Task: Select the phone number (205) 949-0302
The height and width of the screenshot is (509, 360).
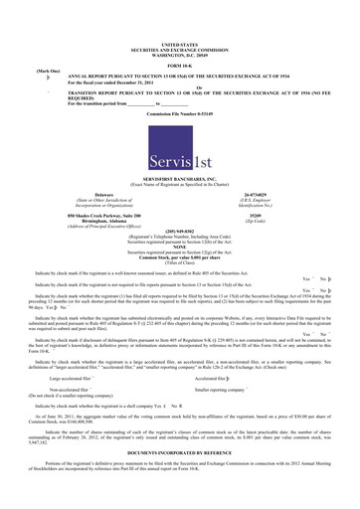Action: click(179, 238)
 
